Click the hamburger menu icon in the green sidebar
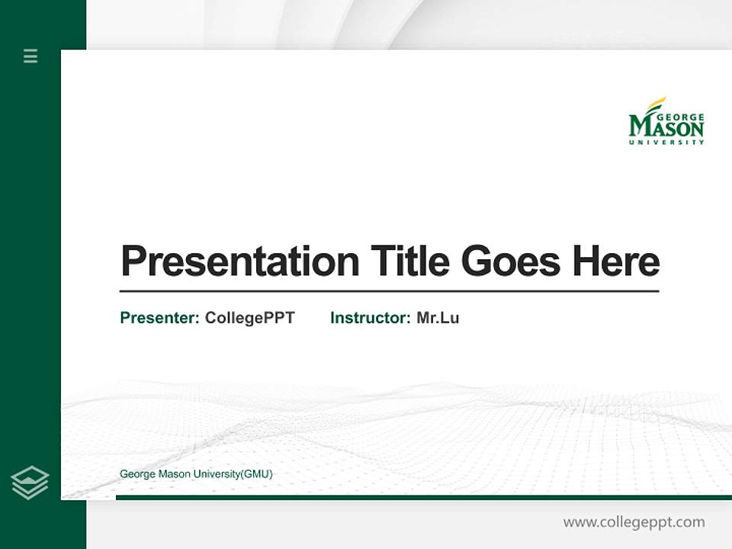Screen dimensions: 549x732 click(x=30, y=56)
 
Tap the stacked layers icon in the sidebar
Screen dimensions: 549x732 click(x=30, y=483)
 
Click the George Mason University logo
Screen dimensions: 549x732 click(x=666, y=121)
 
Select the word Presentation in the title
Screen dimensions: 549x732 click(x=239, y=262)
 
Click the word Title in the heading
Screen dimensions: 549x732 click(x=409, y=262)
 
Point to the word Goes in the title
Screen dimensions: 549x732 click(x=511, y=262)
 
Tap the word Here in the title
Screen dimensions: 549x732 click(x=615, y=262)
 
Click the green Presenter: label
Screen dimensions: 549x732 click(x=159, y=318)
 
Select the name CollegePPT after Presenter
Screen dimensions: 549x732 click(x=249, y=318)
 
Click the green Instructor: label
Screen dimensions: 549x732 click(x=370, y=318)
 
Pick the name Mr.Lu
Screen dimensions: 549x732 click(x=438, y=318)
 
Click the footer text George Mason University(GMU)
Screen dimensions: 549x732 click(x=196, y=474)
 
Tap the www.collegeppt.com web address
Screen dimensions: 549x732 click(x=634, y=522)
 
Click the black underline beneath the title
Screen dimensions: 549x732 click(x=389, y=291)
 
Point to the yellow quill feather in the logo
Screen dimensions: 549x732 click(x=657, y=104)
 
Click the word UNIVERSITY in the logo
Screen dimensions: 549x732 click(x=666, y=142)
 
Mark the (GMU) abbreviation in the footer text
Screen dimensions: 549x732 click(x=257, y=474)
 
